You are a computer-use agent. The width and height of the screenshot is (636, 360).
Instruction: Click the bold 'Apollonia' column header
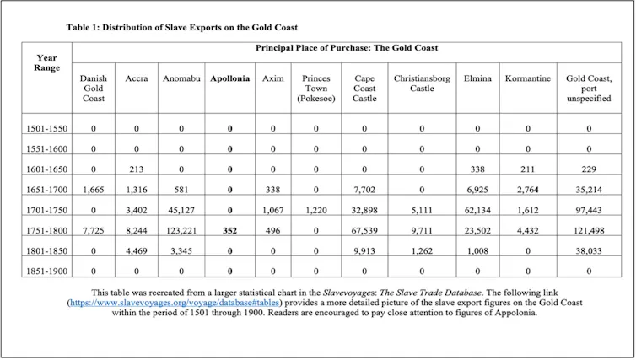pos(229,78)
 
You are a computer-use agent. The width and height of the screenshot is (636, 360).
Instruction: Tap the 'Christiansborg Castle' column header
pos(422,83)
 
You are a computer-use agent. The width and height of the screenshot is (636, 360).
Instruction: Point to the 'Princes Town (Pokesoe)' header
pos(316,89)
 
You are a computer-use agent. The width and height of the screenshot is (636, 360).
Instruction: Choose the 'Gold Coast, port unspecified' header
pos(589,89)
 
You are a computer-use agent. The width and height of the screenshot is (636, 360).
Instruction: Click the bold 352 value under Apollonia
pos(229,231)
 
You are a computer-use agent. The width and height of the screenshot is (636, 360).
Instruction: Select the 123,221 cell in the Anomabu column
pos(181,231)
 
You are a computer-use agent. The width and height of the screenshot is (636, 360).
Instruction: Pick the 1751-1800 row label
pos(46,231)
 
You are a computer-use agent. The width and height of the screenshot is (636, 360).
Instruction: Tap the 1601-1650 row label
pos(46,169)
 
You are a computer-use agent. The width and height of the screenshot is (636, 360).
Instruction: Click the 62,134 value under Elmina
pos(477,211)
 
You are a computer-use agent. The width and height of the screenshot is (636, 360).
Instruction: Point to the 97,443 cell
pos(589,211)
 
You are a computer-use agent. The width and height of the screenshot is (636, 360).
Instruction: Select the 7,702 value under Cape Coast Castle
pos(364,190)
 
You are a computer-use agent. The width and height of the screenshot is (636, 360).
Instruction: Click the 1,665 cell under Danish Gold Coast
pos(94,190)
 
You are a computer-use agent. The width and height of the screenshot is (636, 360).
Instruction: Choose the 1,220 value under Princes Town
pos(316,211)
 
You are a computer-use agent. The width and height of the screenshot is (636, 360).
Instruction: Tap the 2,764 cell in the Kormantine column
pos(528,190)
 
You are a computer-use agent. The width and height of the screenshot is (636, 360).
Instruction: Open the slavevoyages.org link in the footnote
pos(175,303)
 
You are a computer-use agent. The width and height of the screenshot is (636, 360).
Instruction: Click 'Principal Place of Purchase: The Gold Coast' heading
pos(347,48)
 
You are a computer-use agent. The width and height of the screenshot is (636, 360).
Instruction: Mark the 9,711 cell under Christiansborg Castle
pos(422,231)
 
